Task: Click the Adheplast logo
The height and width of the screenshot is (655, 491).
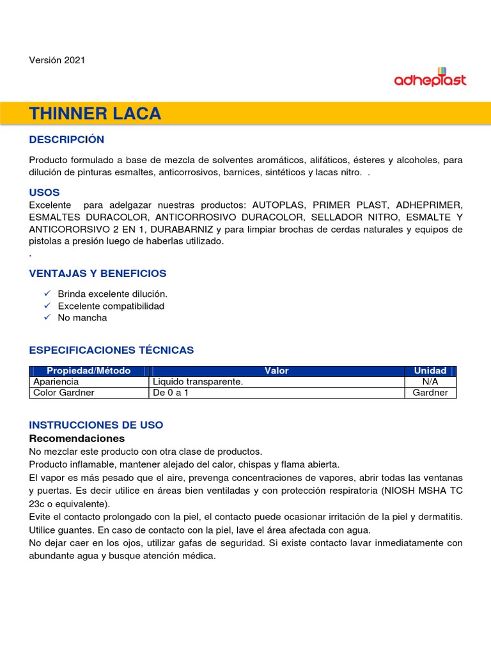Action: (430, 77)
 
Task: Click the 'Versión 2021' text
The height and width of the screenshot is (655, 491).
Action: (57, 60)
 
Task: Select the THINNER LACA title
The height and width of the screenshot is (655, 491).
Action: (95, 114)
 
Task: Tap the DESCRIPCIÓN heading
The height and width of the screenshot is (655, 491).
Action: (66, 139)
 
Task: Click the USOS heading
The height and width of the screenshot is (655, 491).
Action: (44, 192)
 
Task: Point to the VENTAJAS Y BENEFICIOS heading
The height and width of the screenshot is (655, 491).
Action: (97, 273)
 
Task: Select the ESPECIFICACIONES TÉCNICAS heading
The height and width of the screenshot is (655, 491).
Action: (111, 350)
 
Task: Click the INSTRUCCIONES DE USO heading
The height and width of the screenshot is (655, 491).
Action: (96, 425)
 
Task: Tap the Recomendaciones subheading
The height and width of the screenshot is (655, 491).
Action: (77, 438)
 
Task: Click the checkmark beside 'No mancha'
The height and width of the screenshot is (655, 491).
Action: (47, 317)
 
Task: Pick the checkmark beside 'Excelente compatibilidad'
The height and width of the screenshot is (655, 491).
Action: (47, 306)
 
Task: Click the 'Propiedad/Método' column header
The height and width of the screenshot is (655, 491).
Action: (88, 371)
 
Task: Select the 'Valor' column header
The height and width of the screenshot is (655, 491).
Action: (276, 371)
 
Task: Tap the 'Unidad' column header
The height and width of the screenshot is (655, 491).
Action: (430, 371)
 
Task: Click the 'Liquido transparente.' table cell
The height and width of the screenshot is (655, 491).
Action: (198, 382)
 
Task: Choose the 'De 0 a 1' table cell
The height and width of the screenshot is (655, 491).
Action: (171, 393)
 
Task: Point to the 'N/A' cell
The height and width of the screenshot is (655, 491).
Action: (430, 382)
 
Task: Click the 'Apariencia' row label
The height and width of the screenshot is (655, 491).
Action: (56, 382)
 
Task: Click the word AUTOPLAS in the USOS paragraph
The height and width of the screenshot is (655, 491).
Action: (279, 205)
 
